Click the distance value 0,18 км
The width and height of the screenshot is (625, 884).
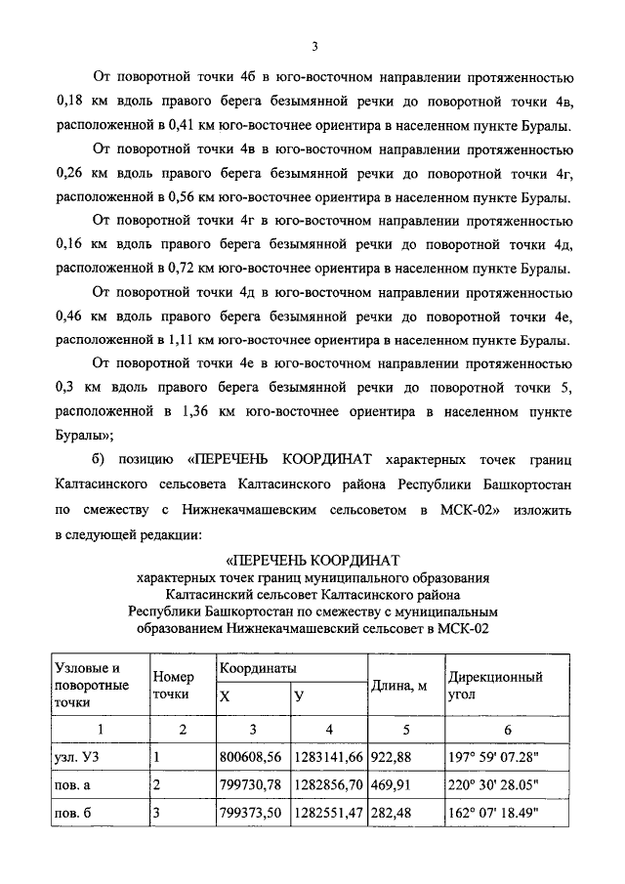(80, 101)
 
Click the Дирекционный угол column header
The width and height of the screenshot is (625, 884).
(494, 686)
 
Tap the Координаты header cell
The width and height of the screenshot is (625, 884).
(258, 668)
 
